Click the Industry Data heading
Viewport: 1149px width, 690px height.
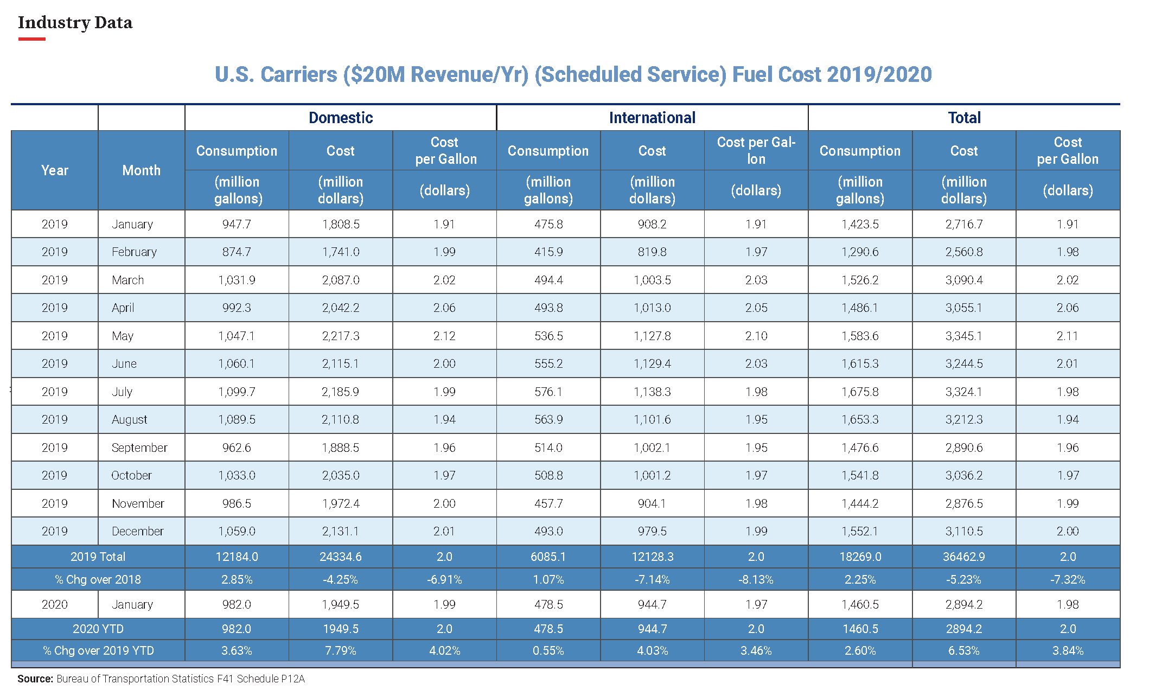pyautogui.click(x=75, y=23)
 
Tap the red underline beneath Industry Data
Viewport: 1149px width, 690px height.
pyautogui.click(x=31, y=39)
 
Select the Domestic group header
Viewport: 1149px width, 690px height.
pyautogui.click(x=341, y=118)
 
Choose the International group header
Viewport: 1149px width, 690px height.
pyautogui.click(x=652, y=118)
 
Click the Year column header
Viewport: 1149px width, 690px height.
pyautogui.click(x=55, y=170)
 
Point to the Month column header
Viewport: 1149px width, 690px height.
pyautogui.click(x=142, y=170)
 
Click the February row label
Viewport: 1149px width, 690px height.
pyautogui.click(x=134, y=252)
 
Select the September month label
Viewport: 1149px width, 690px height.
pyautogui.click(x=139, y=448)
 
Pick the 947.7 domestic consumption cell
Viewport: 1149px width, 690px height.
pyautogui.click(x=237, y=224)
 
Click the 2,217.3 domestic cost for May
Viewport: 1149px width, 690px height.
pyautogui.click(x=341, y=336)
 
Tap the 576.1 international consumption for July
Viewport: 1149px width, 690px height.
pyautogui.click(x=548, y=392)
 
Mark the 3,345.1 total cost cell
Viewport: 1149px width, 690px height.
pyautogui.click(x=964, y=336)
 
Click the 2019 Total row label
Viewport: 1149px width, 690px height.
pyautogui.click(x=98, y=557)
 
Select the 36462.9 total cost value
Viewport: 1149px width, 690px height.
pyautogui.click(x=964, y=557)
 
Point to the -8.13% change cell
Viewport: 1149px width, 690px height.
pyautogui.click(x=756, y=579)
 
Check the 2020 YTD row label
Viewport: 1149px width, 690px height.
pyautogui.click(x=98, y=629)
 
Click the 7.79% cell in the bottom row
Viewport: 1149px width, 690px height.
pyautogui.click(x=341, y=650)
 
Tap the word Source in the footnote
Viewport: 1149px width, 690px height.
pyautogui.click(x=35, y=679)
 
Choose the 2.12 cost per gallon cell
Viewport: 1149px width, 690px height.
pyautogui.click(x=444, y=336)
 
